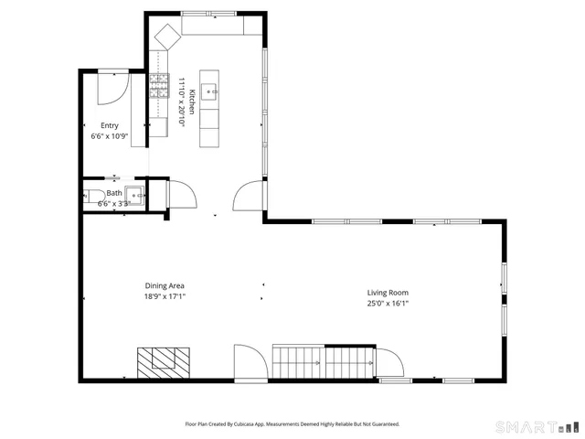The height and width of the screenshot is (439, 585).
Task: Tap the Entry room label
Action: [x=110, y=126]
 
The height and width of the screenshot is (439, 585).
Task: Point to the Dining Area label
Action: [x=165, y=285]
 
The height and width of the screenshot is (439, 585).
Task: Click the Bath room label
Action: [x=114, y=193]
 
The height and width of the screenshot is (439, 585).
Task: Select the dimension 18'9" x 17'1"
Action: [x=165, y=296]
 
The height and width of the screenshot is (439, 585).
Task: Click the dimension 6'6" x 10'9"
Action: [x=110, y=136]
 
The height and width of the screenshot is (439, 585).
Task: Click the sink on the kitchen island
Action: [x=210, y=89]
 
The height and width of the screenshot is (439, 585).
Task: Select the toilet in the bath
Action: [x=94, y=194]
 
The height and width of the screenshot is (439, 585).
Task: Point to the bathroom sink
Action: [x=135, y=194]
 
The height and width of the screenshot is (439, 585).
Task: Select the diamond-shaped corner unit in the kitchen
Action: [x=167, y=37]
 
